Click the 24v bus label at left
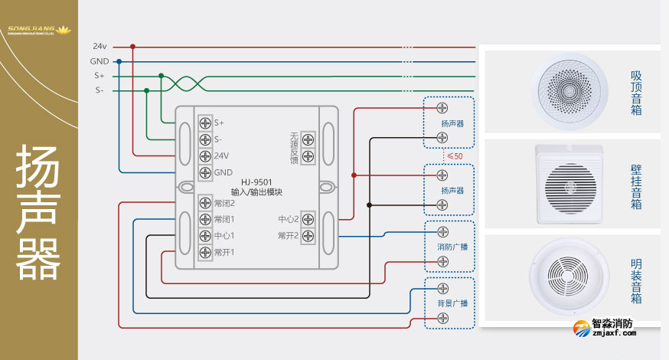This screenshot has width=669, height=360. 100,46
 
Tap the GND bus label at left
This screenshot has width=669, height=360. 100,61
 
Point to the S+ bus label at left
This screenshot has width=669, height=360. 100,76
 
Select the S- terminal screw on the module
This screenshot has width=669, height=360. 205,139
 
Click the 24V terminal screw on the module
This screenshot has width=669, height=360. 205,155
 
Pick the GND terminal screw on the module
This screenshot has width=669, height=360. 205,172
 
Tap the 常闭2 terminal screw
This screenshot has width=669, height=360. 205,203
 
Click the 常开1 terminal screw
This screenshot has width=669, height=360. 205,252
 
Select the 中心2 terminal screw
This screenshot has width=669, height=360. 308,219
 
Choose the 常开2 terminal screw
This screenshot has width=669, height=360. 308,236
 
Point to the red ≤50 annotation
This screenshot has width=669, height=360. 454,156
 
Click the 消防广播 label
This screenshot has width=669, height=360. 452,247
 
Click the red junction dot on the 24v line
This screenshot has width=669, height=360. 132,46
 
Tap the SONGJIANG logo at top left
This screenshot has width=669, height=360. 39,31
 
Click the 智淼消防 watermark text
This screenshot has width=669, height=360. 612,324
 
